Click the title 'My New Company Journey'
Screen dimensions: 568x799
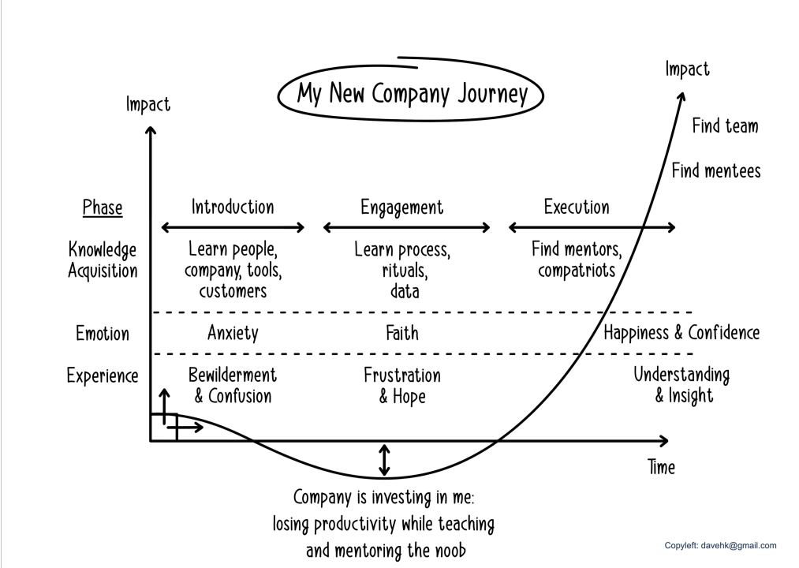tap(412, 94)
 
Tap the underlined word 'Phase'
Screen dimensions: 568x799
tap(103, 208)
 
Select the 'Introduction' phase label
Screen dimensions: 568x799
tap(233, 207)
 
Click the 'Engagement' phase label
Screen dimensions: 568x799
tap(402, 207)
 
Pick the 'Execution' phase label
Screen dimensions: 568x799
tap(577, 207)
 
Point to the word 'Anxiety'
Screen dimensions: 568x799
tap(233, 333)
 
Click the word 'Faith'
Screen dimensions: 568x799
tap(402, 333)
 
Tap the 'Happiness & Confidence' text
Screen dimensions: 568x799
tap(681, 332)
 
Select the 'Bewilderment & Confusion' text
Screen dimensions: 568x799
tap(233, 385)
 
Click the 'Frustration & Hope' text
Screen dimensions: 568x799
tap(402, 385)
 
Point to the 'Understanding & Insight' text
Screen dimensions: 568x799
tap(681, 384)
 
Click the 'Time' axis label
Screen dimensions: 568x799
tap(661, 467)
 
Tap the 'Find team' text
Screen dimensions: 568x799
tap(725, 125)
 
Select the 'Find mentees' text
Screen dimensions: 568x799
tap(716, 170)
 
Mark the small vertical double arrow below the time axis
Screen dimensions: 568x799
tap(384, 460)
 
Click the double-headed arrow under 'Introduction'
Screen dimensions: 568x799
tap(233, 228)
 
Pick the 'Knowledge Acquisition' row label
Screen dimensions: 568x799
tap(103, 260)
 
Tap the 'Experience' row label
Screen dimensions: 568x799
tap(103, 376)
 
